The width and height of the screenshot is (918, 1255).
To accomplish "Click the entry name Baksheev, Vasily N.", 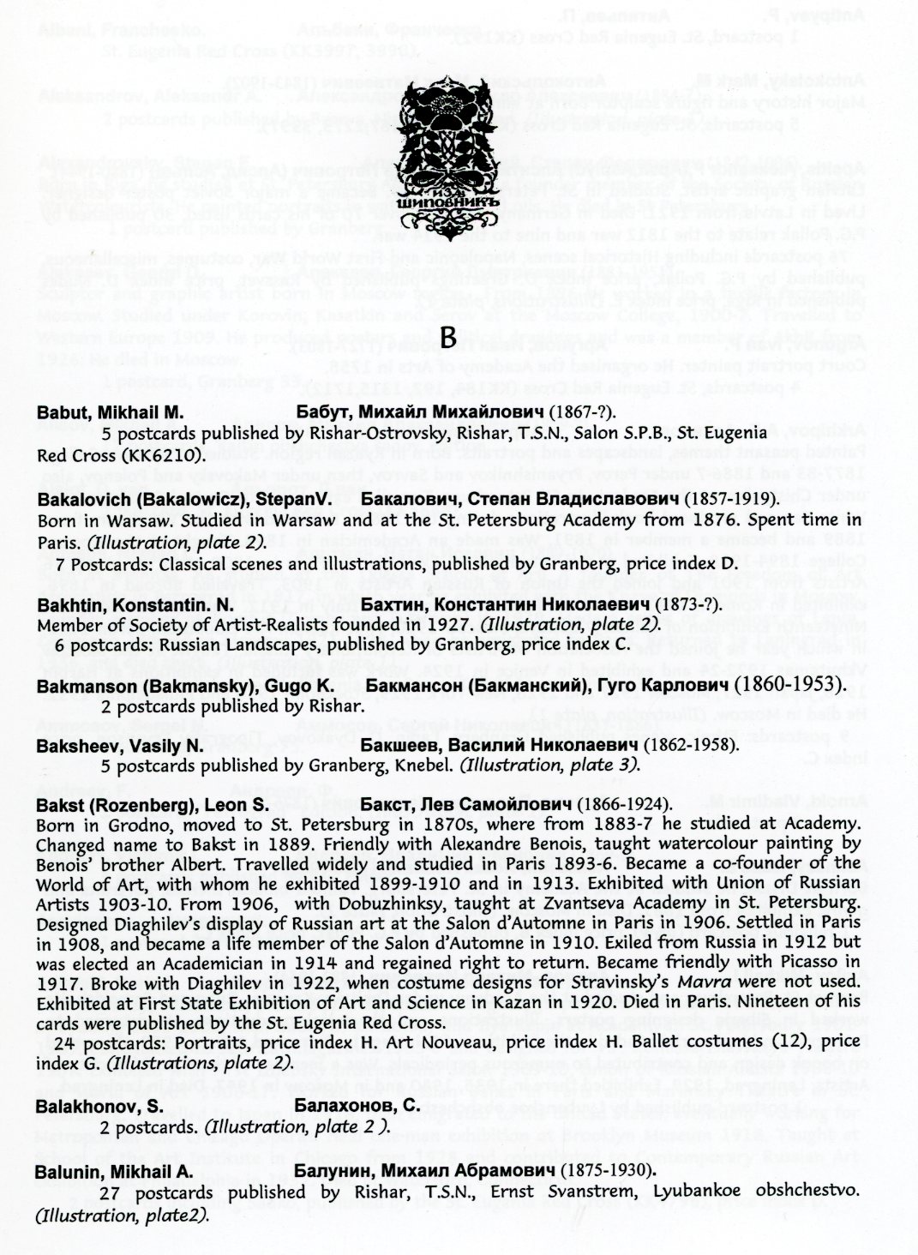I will pyautogui.click(x=119, y=746).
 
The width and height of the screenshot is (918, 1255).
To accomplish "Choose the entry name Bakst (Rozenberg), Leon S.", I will pyautogui.click(x=153, y=806).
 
